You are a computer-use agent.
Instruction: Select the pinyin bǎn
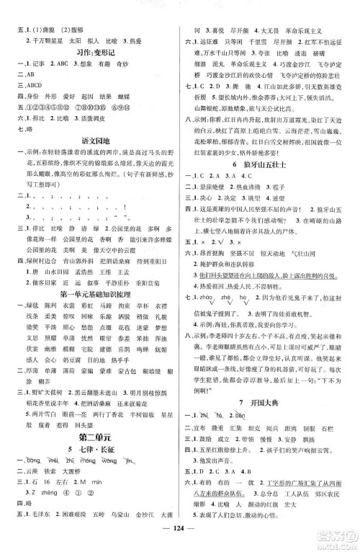(243, 395)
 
